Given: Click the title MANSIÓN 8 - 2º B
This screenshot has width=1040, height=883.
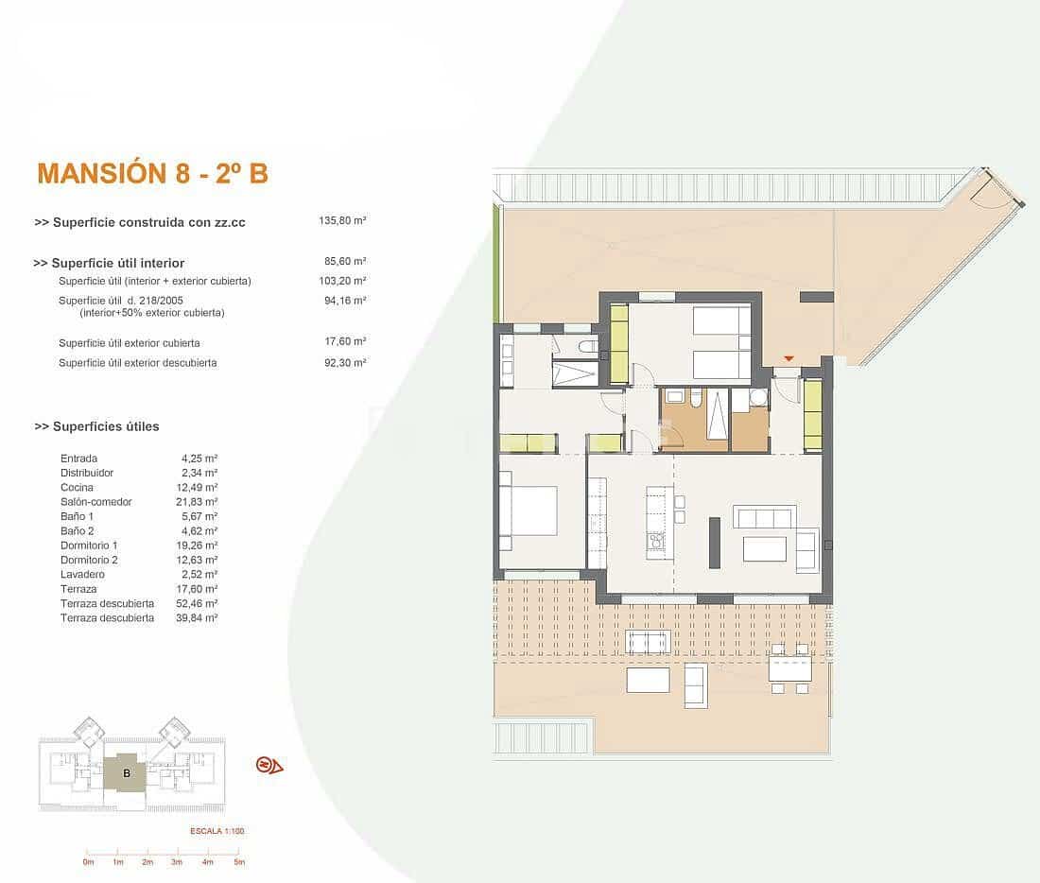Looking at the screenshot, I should [x=152, y=174].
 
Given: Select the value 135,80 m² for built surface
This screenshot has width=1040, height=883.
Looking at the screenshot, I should [x=342, y=220].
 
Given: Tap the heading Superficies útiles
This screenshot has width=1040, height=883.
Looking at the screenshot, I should [x=97, y=426].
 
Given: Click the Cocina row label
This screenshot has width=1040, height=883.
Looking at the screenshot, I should [x=77, y=487].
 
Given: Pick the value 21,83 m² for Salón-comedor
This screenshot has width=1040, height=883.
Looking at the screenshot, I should [x=199, y=502].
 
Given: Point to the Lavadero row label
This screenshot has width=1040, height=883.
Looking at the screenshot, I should [x=82, y=574].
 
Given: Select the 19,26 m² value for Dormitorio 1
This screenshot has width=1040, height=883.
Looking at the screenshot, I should [x=199, y=545].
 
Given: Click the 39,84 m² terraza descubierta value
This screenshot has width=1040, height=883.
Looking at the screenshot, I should [x=199, y=617].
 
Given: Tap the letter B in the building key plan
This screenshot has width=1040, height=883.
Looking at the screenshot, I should [x=127, y=772].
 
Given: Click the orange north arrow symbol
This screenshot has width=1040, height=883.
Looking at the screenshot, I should [x=269, y=765].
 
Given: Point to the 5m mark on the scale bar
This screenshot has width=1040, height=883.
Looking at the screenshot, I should [x=239, y=862].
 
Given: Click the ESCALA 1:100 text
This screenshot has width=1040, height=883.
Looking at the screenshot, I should [x=217, y=832].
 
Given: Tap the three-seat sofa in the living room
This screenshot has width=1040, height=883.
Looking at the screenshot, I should [x=764, y=517].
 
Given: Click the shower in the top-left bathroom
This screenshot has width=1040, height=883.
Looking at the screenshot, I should [x=575, y=373].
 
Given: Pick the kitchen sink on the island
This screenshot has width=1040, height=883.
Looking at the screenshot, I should [x=656, y=542].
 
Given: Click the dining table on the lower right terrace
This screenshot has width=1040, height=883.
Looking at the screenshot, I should [x=789, y=669].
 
